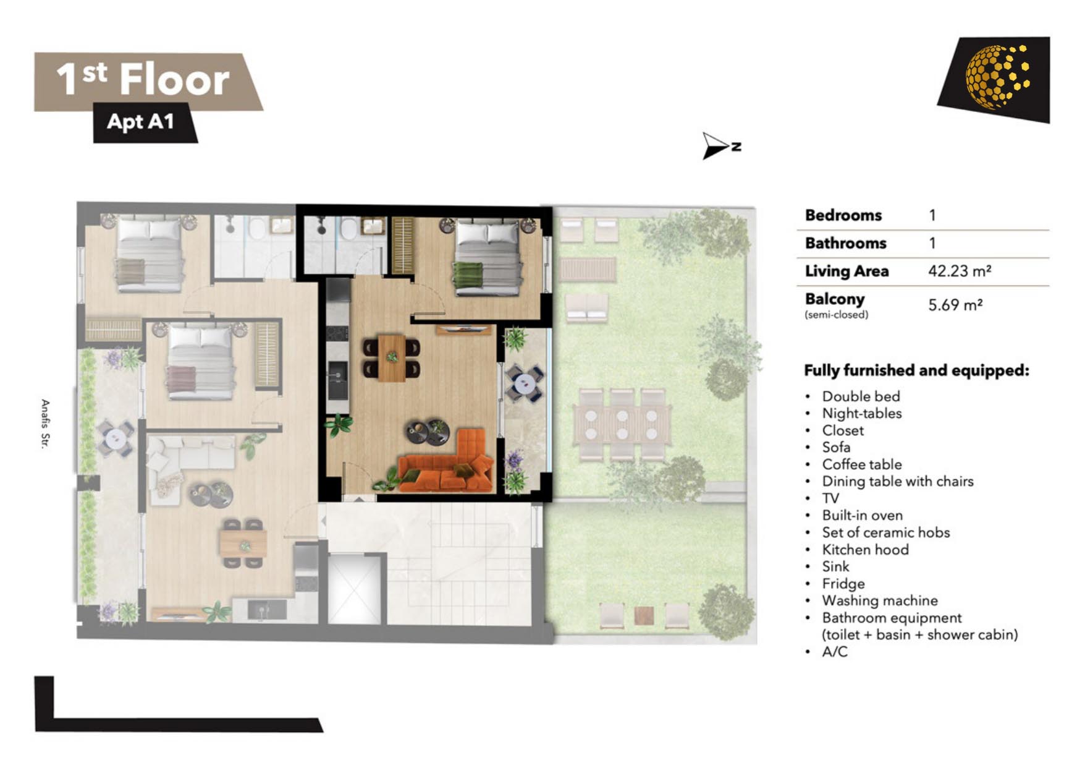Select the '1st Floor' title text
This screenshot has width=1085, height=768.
[143, 80]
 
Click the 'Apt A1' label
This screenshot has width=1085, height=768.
[140, 121]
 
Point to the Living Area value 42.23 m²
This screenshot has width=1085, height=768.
[960, 271]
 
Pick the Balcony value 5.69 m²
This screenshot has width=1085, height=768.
[955, 305]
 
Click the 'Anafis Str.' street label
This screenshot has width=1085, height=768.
[45, 424]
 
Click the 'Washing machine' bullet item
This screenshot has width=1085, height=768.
[879, 600]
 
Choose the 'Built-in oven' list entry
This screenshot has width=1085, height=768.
[862, 515]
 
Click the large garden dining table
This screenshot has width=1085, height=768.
[622, 424]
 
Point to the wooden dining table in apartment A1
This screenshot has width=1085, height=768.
[392, 358]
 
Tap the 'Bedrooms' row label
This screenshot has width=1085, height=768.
[843, 215]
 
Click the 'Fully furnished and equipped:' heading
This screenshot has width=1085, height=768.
[916, 370]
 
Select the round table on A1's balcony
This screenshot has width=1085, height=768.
[525, 383]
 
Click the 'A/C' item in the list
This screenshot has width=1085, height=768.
[835, 652]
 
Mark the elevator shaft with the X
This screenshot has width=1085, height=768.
[354, 589]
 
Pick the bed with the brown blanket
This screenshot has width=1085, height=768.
[149, 254]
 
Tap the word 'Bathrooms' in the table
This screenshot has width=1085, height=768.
[845, 243]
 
